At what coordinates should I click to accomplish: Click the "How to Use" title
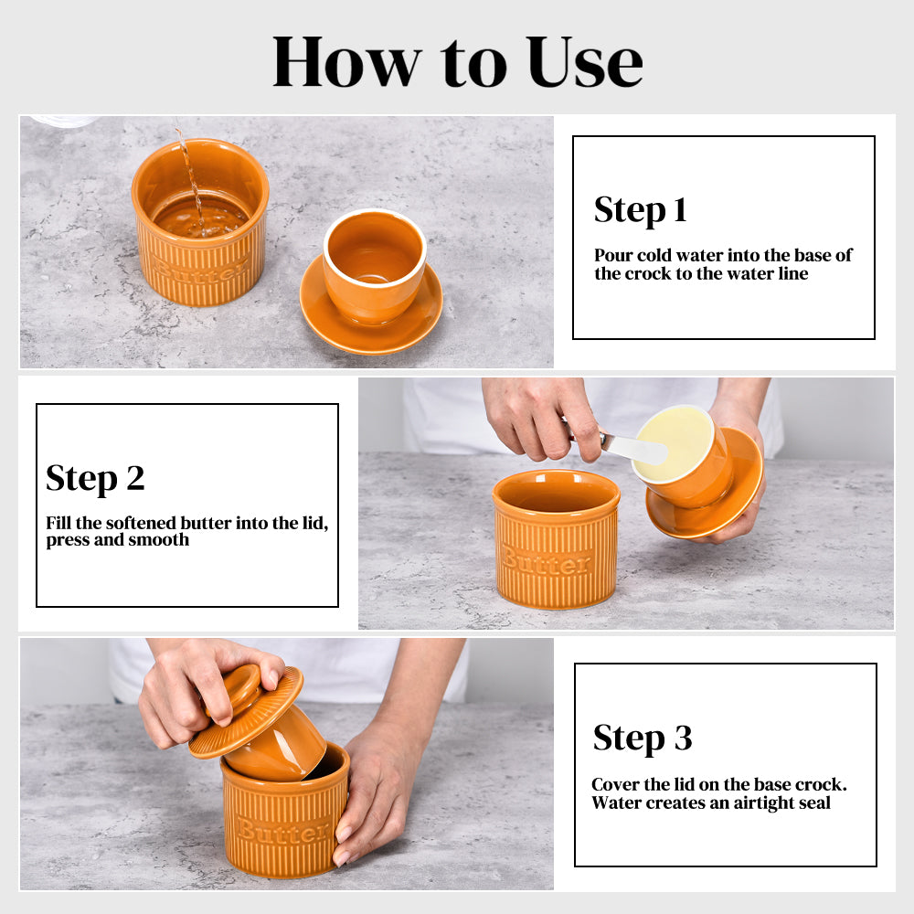click(x=458, y=62)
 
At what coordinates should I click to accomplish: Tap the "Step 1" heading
click(x=641, y=210)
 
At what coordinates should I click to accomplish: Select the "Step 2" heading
click(x=95, y=478)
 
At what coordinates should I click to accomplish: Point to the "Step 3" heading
click(x=643, y=738)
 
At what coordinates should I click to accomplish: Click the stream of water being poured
click(x=190, y=181)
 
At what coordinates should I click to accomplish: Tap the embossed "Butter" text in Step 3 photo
click(x=283, y=830)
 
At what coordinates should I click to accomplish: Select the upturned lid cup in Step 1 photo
click(x=374, y=265)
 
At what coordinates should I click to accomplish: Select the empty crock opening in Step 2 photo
click(x=557, y=493)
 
